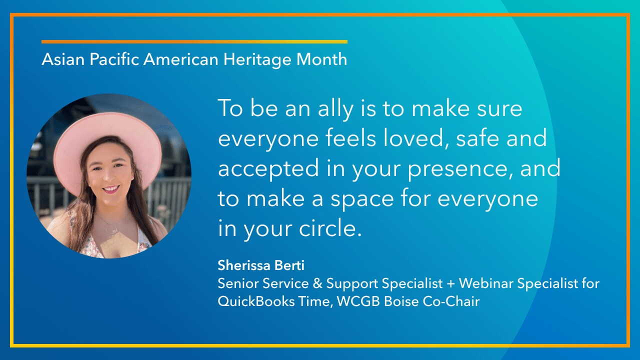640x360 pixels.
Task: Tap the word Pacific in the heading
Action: click(x=114, y=59)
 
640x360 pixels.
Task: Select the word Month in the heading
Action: click(x=321, y=59)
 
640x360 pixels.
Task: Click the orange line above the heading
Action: click(x=194, y=41)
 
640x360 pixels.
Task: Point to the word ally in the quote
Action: click(x=335, y=109)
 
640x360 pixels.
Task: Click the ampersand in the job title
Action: click(x=317, y=283)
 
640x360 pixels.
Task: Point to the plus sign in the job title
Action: click(x=451, y=284)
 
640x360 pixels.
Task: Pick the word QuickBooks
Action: click(x=256, y=301)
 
